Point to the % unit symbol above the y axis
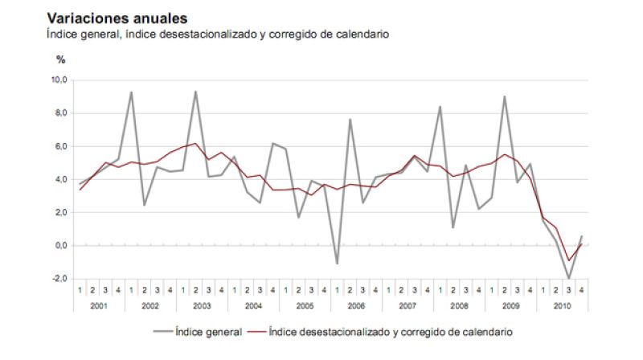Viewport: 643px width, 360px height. [x=60, y=59]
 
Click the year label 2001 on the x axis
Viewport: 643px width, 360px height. [x=99, y=305]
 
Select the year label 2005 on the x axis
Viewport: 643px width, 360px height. [x=305, y=305]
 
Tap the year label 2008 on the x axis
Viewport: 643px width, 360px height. [x=459, y=305]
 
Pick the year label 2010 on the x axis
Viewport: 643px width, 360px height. [x=562, y=305]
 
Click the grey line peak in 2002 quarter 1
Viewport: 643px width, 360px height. [x=131, y=92]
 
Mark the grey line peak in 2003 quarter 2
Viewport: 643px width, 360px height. [x=195, y=92]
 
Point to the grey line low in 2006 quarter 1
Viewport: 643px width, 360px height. [x=337, y=264]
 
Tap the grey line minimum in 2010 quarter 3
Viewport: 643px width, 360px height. [x=568, y=278]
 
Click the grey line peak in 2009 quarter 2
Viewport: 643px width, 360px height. [x=504, y=96]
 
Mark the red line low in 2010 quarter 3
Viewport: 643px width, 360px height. [x=568, y=260]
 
